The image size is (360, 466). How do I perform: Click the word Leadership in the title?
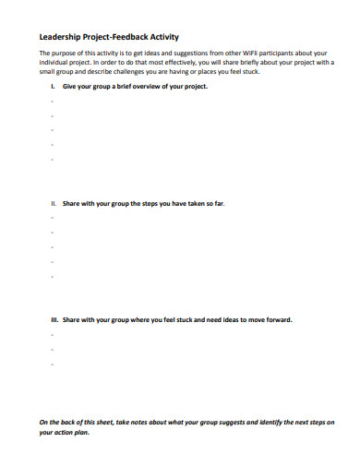[59, 37]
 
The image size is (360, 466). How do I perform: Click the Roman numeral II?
[53, 200]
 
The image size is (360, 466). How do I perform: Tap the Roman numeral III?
[54, 319]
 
